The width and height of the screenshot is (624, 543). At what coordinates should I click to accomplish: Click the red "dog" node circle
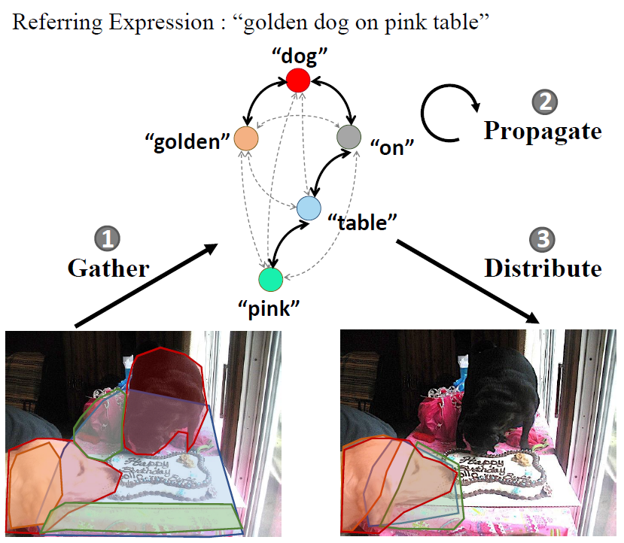click(x=298, y=79)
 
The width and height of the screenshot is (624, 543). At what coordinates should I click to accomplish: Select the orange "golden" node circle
click(x=246, y=138)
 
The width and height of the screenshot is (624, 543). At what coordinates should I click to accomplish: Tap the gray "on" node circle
click(x=349, y=137)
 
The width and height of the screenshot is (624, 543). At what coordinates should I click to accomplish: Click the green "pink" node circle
click(x=269, y=279)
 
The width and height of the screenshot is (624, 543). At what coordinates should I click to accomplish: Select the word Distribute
click(x=543, y=268)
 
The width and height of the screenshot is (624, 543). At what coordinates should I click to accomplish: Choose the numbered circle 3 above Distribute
click(x=542, y=240)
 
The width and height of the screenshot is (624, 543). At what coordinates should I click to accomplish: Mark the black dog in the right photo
click(x=501, y=399)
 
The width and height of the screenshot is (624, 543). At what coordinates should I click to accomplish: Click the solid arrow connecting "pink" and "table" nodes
click(x=287, y=244)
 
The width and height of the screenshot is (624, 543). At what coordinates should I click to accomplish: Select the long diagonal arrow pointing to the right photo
click(x=467, y=281)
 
